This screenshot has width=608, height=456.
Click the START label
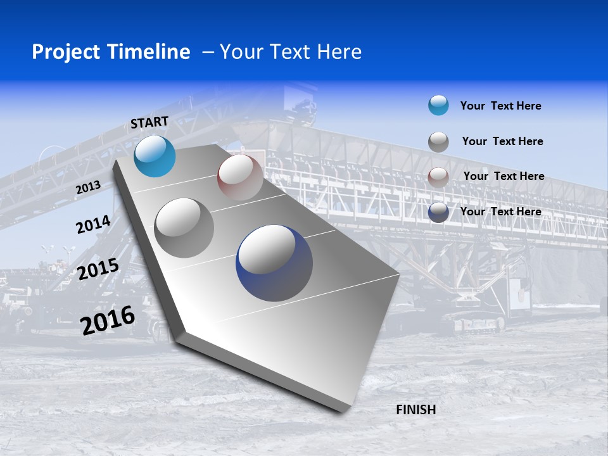149,122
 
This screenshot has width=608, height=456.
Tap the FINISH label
416,410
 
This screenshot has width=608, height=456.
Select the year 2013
88,188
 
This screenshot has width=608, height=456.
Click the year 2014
93,225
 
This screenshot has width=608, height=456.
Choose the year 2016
108,320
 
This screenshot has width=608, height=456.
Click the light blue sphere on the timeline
155,156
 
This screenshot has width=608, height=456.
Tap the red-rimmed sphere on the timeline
240,177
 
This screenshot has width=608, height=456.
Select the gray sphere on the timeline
184,228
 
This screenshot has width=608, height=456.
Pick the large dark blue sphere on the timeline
274,263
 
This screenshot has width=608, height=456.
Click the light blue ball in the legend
438,105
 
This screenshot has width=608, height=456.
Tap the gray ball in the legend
438,142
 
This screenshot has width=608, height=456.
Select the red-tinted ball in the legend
438,177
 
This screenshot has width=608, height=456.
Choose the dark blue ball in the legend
438,212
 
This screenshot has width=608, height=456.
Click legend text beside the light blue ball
500,106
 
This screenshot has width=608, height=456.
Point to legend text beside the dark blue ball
500,212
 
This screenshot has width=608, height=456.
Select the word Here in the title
339,52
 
